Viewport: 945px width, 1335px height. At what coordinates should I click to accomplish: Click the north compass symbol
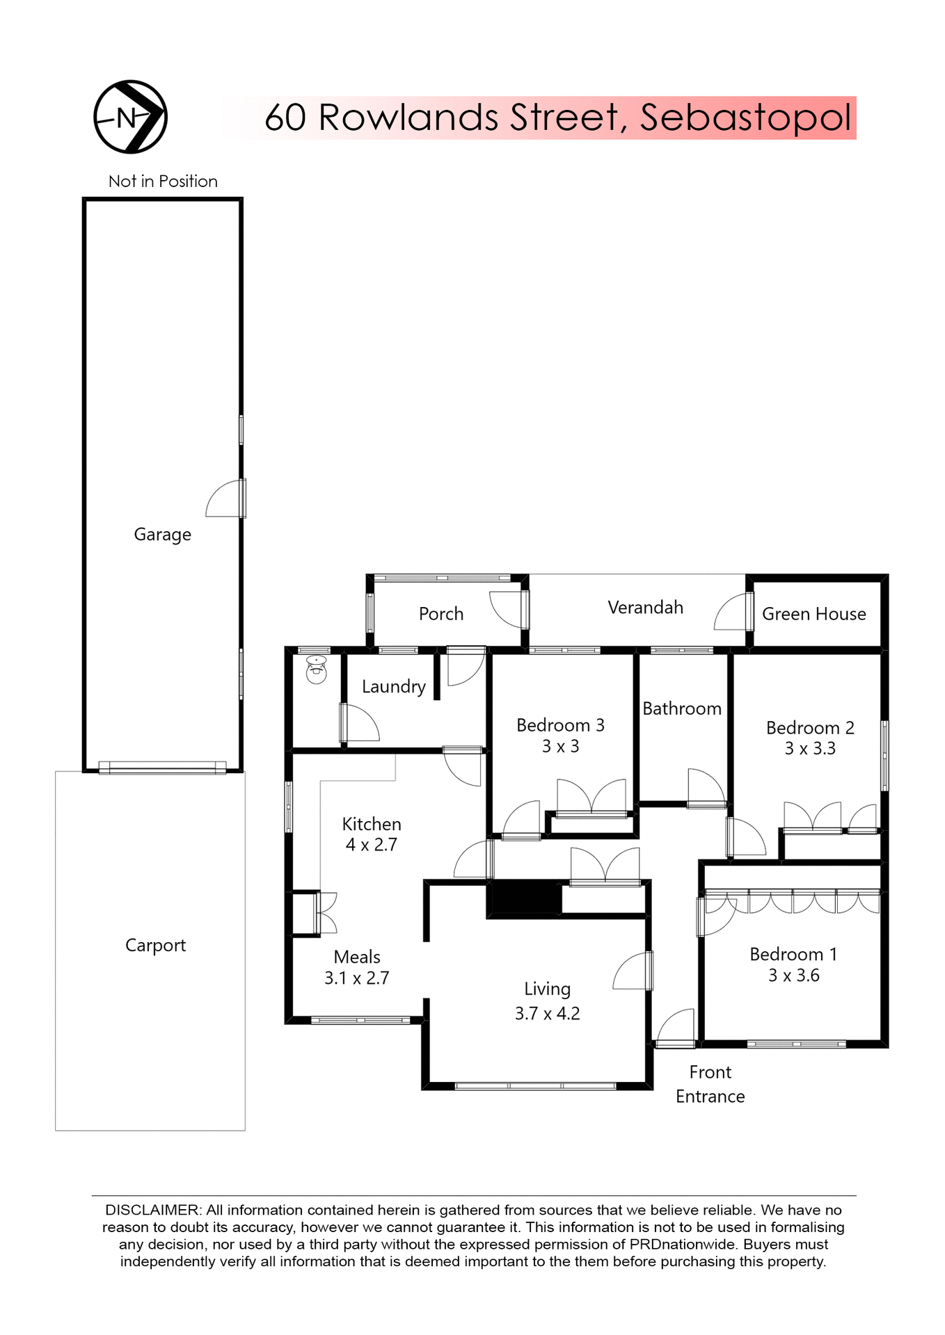(130, 117)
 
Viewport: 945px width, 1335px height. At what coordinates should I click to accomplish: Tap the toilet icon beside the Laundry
(317, 670)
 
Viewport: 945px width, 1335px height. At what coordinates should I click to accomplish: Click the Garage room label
(162, 535)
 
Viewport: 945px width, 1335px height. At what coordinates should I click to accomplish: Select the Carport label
(155, 946)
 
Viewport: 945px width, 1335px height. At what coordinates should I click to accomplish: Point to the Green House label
(813, 614)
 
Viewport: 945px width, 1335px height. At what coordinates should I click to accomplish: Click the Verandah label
(645, 608)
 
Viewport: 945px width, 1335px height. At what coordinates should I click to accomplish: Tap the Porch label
(440, 614)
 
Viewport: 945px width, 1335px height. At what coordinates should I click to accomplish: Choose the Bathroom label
(681, 709)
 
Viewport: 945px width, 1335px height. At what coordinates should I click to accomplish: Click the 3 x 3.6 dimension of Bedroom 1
(793, 976)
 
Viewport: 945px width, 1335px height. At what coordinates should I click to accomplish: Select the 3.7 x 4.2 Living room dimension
(547, 1014)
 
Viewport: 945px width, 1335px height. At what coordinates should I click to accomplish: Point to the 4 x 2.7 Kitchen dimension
(371, 845)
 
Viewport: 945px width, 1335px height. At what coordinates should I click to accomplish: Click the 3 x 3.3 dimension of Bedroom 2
(810, 749)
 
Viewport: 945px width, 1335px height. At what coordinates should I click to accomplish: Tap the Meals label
(356, 957)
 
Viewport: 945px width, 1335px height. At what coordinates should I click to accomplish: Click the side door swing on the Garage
(224, 499)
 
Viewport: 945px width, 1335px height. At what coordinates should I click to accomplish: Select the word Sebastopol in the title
(745, 118)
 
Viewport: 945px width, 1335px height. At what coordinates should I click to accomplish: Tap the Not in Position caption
(163, 181)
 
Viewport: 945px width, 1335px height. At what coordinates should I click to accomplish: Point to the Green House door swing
(732, 613)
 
